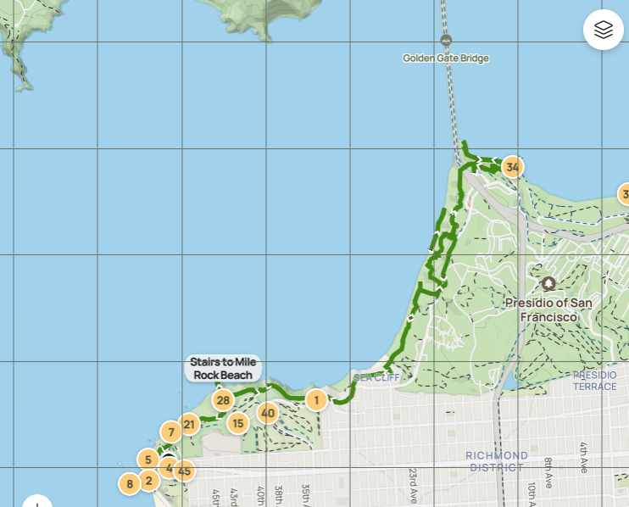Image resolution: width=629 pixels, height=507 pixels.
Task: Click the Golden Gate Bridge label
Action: (446, 58)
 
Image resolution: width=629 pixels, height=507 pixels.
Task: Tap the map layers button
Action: (603, 30)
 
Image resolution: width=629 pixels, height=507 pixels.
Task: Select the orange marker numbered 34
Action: (512, 167)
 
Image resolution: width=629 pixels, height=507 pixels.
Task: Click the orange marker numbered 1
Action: (316, 399)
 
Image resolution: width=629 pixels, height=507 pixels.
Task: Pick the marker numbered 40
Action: (268, 414)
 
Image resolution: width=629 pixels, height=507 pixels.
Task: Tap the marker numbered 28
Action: (223, 400)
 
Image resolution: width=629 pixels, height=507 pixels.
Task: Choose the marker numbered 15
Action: (237, 423)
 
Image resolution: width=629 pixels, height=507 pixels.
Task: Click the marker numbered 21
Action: (189, 424)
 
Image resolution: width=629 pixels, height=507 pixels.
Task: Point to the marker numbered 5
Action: (148, 460)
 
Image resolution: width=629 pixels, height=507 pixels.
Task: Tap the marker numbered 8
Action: (129, 484)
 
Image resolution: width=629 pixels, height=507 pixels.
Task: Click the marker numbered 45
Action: (184, 471)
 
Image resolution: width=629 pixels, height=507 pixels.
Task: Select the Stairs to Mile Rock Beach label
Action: (223, 368)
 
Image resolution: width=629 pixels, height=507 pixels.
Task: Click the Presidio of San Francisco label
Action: (548, 309)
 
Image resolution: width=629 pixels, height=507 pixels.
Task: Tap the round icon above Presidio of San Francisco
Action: (548, 283)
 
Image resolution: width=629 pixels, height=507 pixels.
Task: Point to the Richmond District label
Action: (497, 461)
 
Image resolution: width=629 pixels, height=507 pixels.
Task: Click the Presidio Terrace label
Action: (595, 381)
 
